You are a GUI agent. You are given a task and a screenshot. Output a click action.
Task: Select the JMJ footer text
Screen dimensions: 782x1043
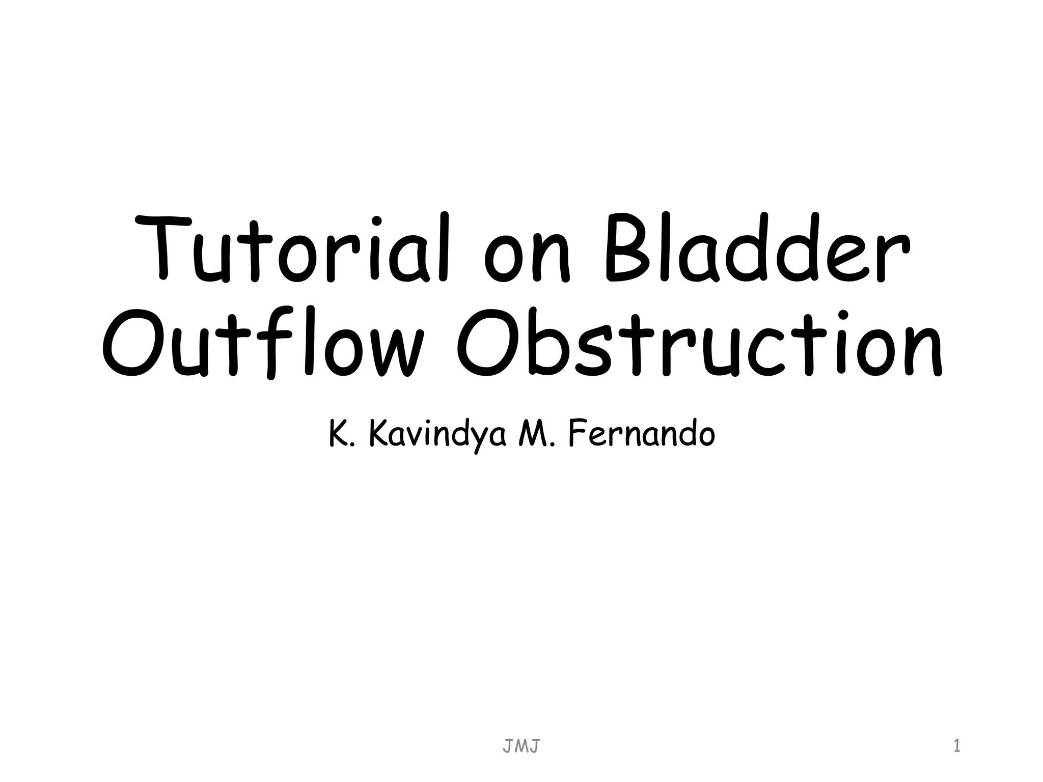pyautogui.click(x=521, y=747)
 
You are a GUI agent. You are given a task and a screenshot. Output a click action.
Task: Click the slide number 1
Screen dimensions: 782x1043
pyautogui.click(x=956, y=747)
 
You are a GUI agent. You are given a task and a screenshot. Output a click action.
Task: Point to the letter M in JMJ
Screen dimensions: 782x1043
pyautogui.click(x=521, y=747)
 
